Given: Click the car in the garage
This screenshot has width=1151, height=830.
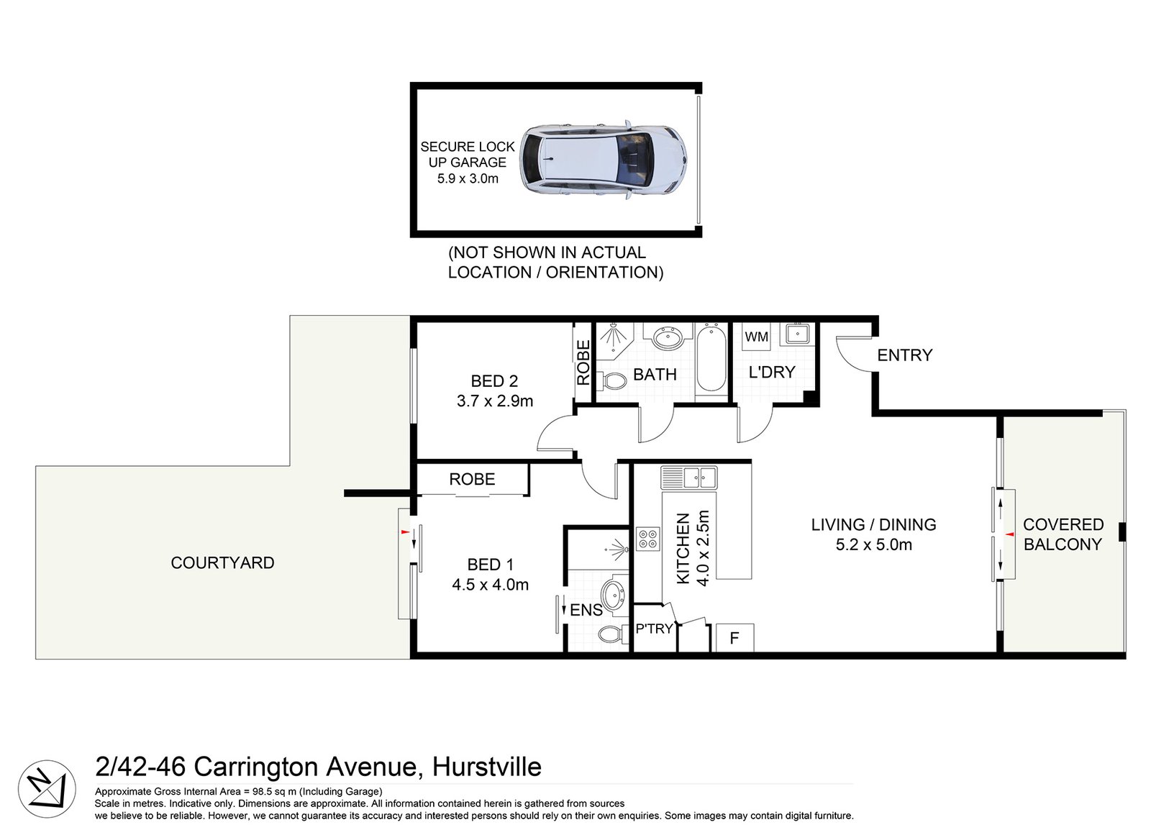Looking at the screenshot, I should [x=603, y=160].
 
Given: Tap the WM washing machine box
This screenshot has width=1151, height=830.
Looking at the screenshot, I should [x=756, y=337].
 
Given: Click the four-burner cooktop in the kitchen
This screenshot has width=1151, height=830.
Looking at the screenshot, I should [x=647, y=539].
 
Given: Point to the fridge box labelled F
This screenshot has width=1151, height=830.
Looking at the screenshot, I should [x=734, y=638].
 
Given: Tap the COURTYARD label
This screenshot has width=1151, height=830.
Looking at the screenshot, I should [x=222, y=563].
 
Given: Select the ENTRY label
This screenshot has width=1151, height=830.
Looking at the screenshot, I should [x=904, y=355].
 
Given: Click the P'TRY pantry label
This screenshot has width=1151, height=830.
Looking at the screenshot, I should [x=654, y=629].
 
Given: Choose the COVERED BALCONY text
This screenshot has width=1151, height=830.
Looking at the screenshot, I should [x=1063, y=534].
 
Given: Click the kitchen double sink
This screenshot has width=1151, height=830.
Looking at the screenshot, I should [x=689, y=477].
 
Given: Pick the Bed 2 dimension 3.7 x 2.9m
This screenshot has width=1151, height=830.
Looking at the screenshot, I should [x=495, y=401].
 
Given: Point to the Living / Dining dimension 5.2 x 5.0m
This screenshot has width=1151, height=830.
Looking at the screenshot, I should [x=873, y=545].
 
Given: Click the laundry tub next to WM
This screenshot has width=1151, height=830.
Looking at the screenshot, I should [x=797, y=334].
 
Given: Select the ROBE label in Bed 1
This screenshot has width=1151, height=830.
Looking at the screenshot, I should [x=472, y=479].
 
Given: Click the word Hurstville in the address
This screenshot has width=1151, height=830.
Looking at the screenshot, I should [x=486, y=767].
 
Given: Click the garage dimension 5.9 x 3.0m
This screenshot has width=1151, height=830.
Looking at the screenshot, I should [x=468, y=178].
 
